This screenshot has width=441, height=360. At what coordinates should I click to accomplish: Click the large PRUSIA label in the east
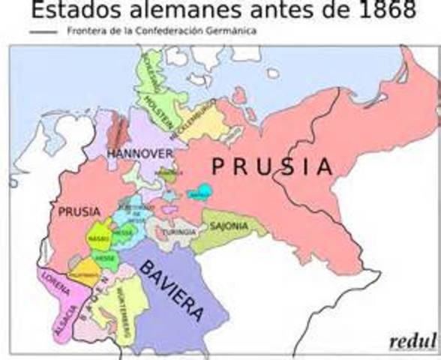[x=271, y=166]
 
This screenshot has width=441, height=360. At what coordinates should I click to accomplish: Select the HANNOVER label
[x=140, y=153]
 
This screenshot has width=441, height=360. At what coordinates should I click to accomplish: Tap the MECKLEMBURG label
[x=199, y=119]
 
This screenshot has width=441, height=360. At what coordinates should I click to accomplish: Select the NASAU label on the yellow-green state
[x=98, y=237]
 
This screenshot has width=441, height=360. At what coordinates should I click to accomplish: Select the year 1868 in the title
[x=381, y=10]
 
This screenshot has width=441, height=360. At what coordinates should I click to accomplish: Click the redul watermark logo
[x=412, y=341]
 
